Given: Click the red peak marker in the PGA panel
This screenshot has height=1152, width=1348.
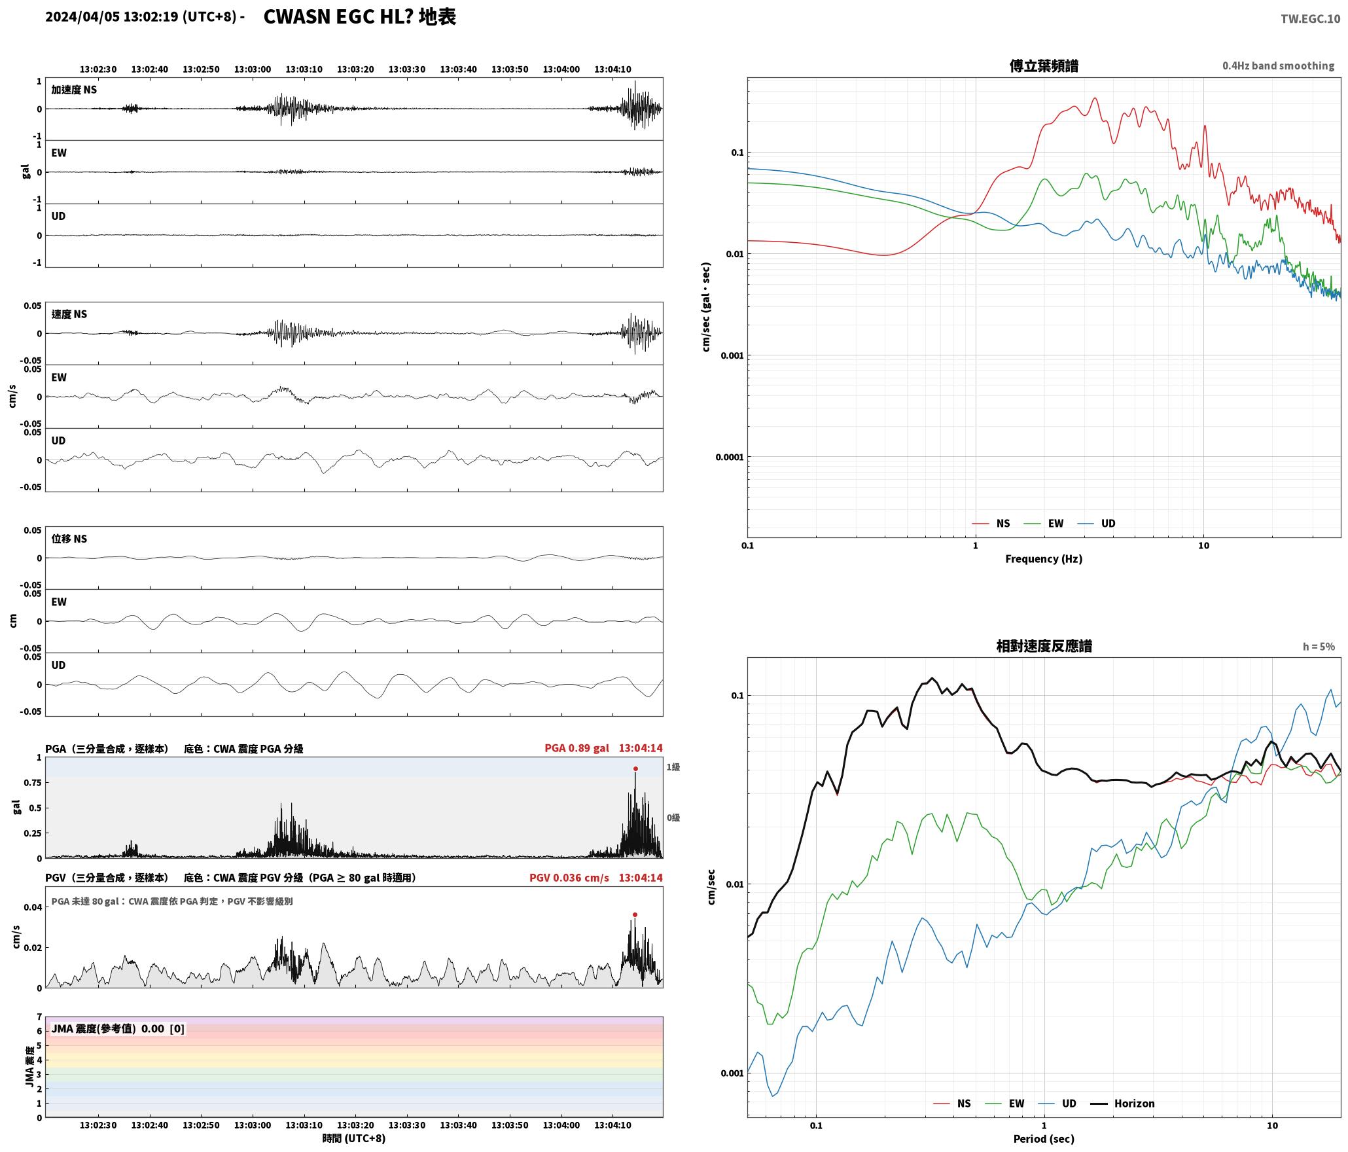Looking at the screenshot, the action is tap(635, 768).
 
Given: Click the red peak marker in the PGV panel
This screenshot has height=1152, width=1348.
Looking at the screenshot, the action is tap(635, 914).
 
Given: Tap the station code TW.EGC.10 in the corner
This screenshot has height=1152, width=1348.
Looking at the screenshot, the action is tap(1310, 19).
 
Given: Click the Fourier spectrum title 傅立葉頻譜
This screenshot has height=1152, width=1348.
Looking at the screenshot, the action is tap(1044, 65).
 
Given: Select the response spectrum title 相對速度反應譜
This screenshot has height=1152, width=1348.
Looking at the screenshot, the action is tap(1044, 646).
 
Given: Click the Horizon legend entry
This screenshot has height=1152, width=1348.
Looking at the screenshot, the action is tap(1125, 1103).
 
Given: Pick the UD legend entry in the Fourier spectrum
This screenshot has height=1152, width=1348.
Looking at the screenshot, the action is tap(1097, 523).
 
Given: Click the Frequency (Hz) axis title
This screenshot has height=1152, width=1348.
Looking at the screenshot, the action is tap(1044, 558).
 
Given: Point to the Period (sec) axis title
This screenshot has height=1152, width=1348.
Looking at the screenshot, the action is tap(1044, 1138).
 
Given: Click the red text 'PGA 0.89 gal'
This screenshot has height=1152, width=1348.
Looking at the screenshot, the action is tap(576, 748).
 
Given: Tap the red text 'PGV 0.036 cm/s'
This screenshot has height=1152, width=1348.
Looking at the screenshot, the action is tap(569, 877).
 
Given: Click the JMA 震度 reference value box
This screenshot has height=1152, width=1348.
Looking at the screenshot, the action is tap(118, 1028).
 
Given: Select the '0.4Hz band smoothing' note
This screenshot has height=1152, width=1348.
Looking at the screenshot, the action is tap(1278, 65).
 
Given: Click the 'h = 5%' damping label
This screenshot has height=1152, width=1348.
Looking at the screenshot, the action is tap(1319, 647).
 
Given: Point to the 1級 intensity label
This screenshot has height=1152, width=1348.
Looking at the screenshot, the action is tap(673, 766).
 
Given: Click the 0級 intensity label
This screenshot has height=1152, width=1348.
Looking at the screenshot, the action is tap(673, 818).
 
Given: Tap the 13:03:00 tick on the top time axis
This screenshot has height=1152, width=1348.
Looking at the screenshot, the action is tap(253, 69).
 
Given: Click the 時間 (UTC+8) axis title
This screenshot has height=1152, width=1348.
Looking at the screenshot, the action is tap(354, 1138).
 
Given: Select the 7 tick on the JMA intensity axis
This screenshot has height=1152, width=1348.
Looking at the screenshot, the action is tap(39, 1017).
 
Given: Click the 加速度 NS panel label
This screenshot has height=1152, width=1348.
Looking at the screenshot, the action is tap(74, 90).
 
